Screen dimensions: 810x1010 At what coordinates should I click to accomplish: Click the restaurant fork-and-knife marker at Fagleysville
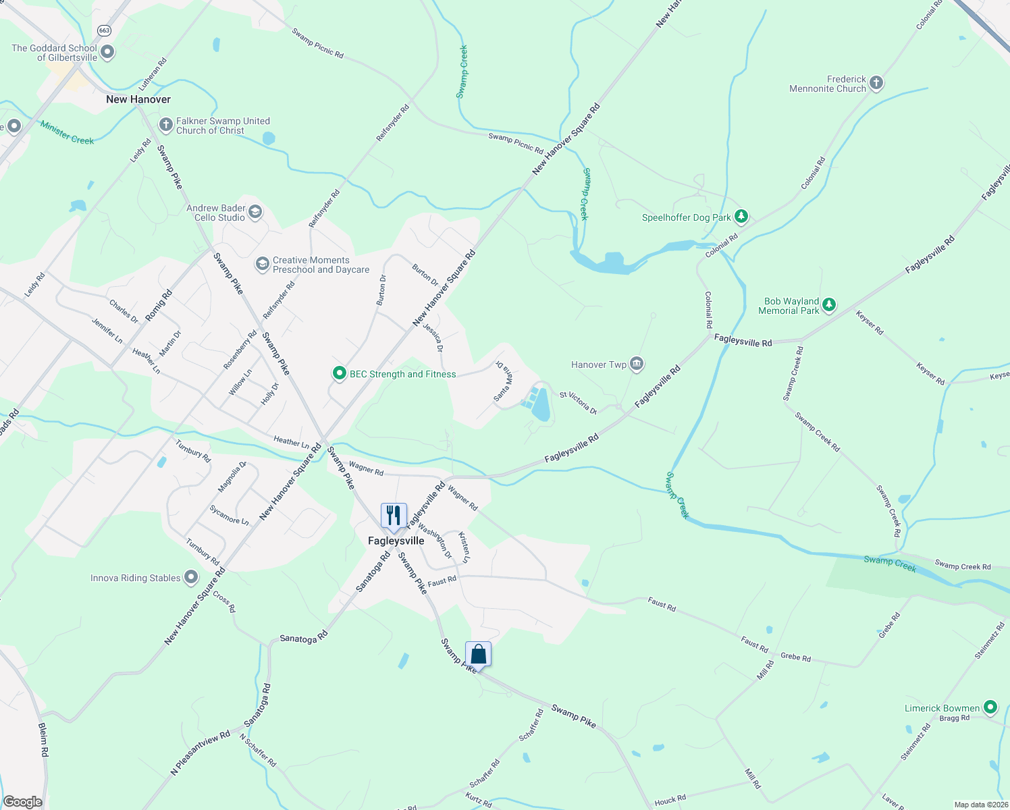394,516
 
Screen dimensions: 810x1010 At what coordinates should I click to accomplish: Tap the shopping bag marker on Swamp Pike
478,654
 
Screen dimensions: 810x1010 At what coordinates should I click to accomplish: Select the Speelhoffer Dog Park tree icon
741,217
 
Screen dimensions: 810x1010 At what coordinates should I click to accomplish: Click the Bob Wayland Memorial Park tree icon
829,306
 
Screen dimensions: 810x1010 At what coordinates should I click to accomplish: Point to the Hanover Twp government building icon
636,364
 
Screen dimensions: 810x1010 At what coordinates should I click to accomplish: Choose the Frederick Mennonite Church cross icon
876,84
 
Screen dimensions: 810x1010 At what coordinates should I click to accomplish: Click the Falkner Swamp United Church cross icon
165,125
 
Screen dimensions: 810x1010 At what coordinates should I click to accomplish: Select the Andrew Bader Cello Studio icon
255,213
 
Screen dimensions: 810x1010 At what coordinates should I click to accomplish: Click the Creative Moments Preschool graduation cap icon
262,264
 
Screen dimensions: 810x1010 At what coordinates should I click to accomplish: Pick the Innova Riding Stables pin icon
191,577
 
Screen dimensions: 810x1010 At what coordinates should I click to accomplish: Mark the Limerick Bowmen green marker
990,707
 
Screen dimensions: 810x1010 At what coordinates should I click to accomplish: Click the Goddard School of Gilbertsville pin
107,52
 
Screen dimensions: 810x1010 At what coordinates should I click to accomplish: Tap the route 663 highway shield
104,30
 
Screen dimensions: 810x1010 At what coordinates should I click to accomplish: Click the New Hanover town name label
138,99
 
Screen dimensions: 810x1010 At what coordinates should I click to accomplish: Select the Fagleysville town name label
396,541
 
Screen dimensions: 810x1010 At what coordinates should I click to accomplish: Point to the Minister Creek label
67,132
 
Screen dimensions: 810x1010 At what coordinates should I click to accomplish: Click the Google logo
23,802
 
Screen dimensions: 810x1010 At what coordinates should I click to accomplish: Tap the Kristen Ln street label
464,547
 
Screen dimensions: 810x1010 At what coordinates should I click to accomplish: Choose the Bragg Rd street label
955,718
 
